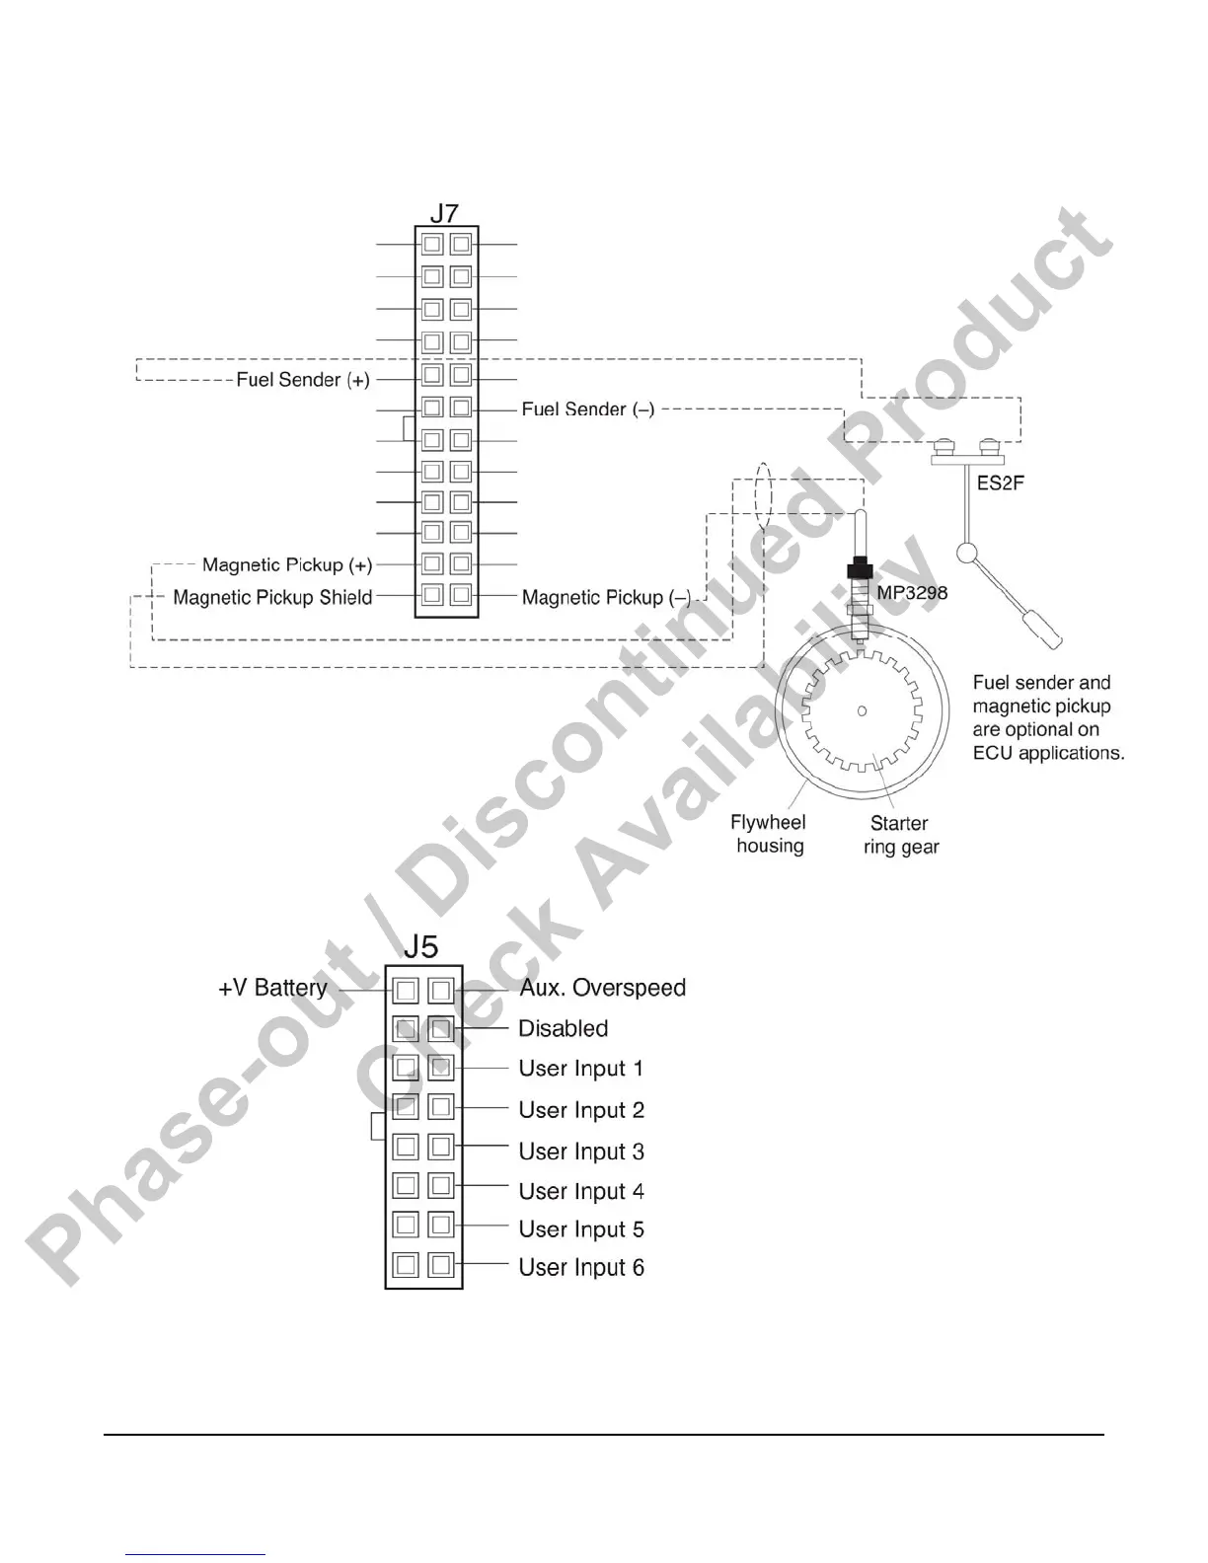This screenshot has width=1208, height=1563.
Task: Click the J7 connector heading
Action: (444, 213)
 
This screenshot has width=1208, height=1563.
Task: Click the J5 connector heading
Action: (421, 947)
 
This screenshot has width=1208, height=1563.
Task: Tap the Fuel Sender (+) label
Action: (303, 380)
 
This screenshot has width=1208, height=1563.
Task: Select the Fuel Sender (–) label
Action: (588, 409)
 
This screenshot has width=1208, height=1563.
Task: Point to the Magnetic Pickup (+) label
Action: (287, 565)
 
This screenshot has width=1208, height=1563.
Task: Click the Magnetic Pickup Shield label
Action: (272, 597)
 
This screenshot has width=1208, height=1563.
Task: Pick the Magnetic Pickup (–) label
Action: (606, 597)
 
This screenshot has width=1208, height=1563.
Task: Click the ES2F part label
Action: (1000, 484)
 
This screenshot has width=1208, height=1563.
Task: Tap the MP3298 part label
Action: (912, 593)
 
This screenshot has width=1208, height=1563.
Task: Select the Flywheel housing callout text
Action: (768, 834)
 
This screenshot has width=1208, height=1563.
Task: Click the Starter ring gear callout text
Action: (900, 835)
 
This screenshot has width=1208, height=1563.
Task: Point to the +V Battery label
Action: (272, 988)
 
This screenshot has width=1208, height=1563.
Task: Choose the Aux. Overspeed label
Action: (602, 988)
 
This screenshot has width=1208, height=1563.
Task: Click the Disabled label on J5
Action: (563, 1028)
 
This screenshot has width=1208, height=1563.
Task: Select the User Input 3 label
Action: (581, 1152)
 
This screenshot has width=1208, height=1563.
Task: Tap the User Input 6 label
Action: (581, 1267)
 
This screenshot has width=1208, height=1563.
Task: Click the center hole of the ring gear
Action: (862, 710)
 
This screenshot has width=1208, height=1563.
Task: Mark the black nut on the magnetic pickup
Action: (860, 569)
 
